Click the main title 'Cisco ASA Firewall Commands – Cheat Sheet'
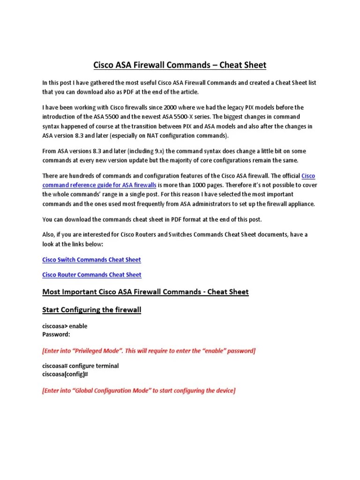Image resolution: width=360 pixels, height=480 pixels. (x=180, y=64)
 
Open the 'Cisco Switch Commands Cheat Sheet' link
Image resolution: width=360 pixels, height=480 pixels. (x=91, y=260)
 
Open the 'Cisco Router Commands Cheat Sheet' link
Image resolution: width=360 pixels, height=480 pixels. (x=91, y=275)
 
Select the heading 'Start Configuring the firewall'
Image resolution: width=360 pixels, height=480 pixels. (x=92, y=310)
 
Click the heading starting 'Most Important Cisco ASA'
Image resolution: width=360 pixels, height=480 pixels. (x=145, y=292)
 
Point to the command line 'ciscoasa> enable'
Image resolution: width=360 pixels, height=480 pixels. (x=65, y=326)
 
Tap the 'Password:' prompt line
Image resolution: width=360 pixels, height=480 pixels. (x=56, y=334)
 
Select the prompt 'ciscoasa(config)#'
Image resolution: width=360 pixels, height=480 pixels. (x=66, y=374)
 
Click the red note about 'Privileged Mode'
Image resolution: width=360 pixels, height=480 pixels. (x=149, y=351)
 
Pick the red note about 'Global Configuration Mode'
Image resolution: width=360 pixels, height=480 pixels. (x=138, y=390)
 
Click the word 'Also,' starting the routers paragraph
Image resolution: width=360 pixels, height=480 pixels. (x=49, y=234)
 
